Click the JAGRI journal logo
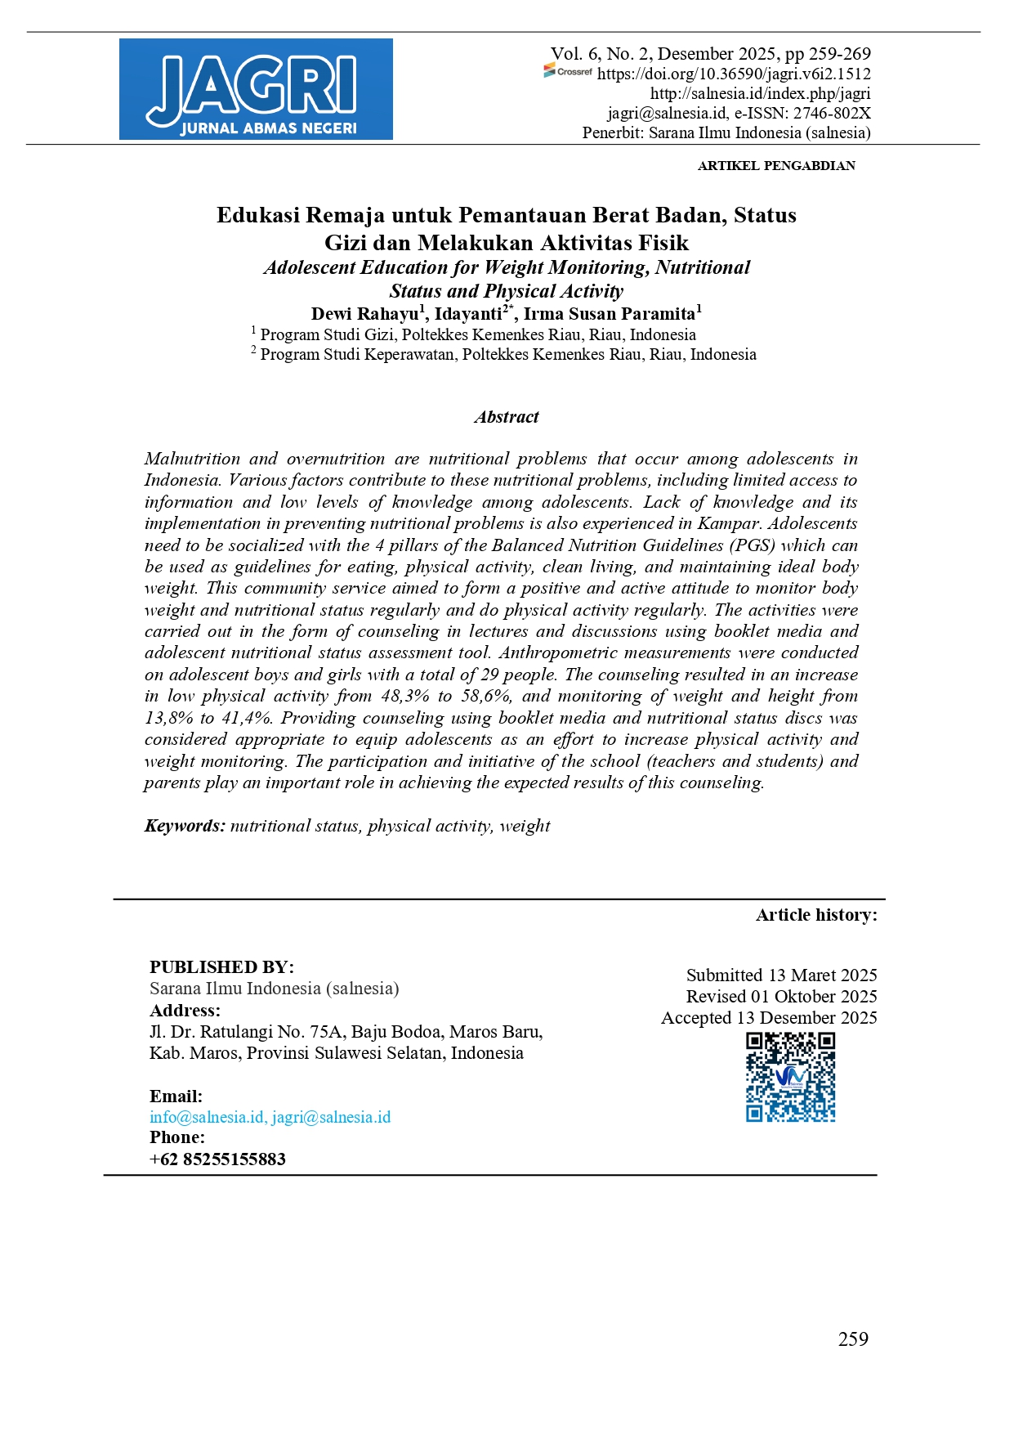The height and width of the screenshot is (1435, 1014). (x=256, y=89)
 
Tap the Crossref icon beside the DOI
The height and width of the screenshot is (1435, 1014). (x=568, y=72)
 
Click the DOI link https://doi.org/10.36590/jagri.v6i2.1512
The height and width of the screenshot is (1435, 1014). (x=734, y=74)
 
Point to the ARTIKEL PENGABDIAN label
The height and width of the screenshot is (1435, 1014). (x=776, y=166)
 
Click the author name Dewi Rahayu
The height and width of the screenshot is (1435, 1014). (x=364, y=314)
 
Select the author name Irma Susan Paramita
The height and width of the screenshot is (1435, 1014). (x=609, y=314)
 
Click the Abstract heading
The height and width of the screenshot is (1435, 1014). (x=507, y=417)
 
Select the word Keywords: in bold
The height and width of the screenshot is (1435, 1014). (x=185, y=826)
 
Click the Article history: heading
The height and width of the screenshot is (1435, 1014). (x=816, y=915)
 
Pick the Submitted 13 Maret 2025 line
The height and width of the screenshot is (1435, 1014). (x=781, y=975)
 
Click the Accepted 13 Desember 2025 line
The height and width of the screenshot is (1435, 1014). (x=769, y=1018)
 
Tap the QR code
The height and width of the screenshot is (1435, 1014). (x=790, y=1077)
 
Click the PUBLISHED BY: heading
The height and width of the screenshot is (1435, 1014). (x=221, y=967)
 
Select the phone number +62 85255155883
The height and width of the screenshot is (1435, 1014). (x=217, y=1159)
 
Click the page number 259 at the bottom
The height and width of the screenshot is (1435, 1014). (x=853, y=1339)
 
